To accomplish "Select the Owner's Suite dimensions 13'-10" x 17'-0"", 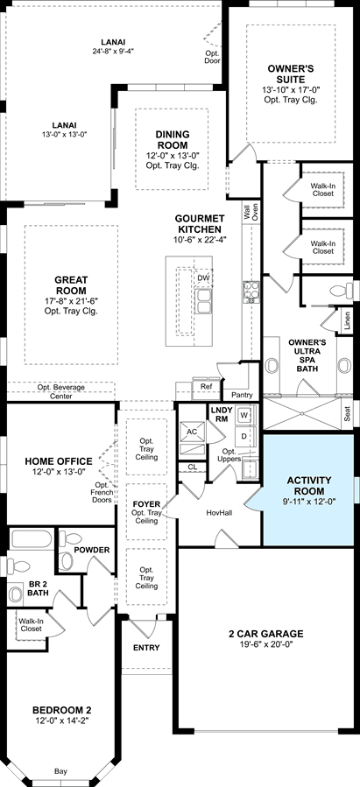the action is tap(291, 90).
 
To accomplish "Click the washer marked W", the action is tap(244, 415).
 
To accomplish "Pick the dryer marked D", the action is tap(244, 436).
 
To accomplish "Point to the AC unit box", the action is tap(191, 432).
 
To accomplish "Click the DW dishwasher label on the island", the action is tap(203, 278).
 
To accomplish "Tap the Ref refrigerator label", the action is tap(205, 386).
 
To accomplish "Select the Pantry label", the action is tap(242, 395).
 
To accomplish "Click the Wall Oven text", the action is tap(251, 212).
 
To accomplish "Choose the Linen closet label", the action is tap(348, 320).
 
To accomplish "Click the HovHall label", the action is tap(220, 512).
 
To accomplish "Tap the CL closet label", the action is tap(192, 467).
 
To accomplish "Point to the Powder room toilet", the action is tap(69, 550).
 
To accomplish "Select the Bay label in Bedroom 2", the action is tap(60, 771).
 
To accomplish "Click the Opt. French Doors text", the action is tap(103, 492).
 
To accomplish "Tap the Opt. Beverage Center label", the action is tap(61, 391).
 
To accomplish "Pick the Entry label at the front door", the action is tap(146, 648).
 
